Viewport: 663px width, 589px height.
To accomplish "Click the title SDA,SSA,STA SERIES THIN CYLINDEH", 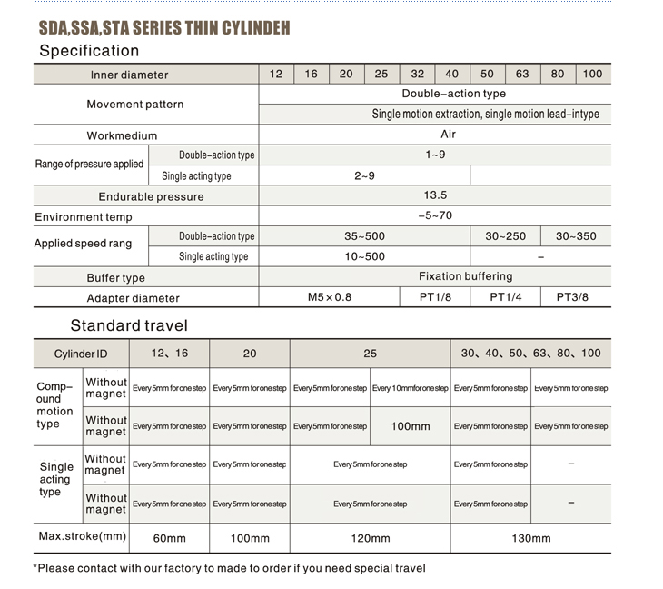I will [164, 27].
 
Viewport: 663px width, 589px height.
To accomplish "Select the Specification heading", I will [89, 51].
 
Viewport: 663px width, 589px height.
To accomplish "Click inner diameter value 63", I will [522, 74].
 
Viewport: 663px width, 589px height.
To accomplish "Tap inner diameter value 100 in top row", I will [592, 74].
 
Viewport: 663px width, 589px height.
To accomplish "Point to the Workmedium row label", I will [122, 135].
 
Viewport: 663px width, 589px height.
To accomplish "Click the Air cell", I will [448, 135].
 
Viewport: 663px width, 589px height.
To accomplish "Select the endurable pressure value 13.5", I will [435, 195].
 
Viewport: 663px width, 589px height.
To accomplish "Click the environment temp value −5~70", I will [435, 216].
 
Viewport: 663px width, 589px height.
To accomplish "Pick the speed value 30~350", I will [576, 236].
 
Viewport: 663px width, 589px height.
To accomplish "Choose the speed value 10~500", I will [364, 256].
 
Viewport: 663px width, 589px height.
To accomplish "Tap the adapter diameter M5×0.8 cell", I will [330, 297].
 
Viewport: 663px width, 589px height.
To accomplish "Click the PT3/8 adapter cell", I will [572, 297].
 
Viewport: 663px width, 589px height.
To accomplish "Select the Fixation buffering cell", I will [465, 276].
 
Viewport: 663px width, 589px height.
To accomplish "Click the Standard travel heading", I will [129, 325].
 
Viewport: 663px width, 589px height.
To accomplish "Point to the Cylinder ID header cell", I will [81, 354].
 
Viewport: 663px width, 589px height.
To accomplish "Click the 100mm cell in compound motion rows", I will [411, 426].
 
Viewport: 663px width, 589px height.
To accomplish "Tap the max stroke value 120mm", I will [370, 538].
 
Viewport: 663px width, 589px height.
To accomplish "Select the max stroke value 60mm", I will [169, 538].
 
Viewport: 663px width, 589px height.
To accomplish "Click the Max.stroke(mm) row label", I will [82, 536].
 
